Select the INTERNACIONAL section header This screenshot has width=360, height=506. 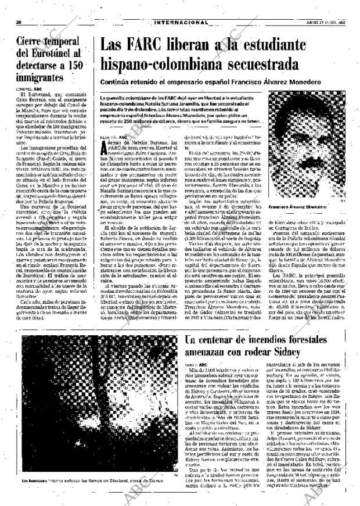pyautogui.click(x=182, y=23)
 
